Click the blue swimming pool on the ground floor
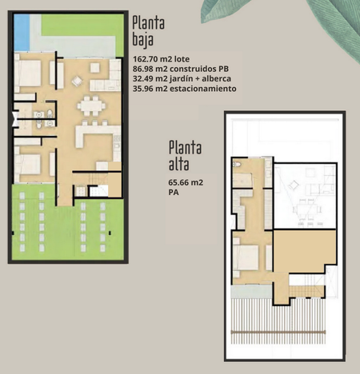(x=22, y=32)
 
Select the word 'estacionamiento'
(x=203, y=89)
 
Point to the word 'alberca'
(x=216, y=78)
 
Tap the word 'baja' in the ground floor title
(x=143, y=40)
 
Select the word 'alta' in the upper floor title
(x=179, y=164)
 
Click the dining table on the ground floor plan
(x=91, y=105)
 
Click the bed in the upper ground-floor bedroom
(x=28, y=73)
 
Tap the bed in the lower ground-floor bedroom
(x=28, y=164)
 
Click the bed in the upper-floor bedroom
(x=246, y=257)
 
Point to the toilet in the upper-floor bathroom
(x=237, y=165)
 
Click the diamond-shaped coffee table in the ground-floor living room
(x=77, y=82)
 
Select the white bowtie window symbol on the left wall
(x=15, y=119)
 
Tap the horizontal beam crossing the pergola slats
(x=278, y=332)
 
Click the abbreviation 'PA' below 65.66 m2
(x=174, y=193)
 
